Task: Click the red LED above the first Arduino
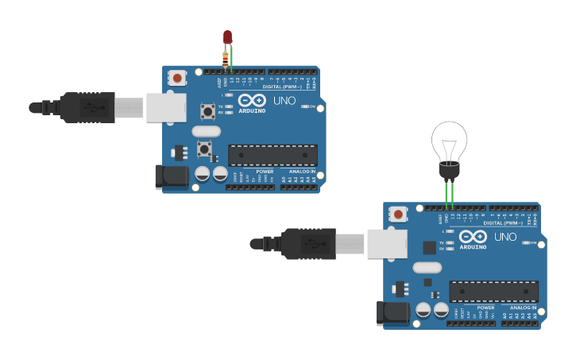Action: coord(227,37)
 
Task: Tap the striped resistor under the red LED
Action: coord(225,57)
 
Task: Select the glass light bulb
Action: coord(449,141)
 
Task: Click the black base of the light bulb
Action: coord(449,170)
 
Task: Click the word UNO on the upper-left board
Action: coord(284,101)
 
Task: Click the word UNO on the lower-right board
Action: coord(505,237)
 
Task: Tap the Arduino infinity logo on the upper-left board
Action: coord(252,100)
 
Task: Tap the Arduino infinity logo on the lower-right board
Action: coord(473,236)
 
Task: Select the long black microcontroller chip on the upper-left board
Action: coord(273,155)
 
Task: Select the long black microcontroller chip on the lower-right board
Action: coord(493,291)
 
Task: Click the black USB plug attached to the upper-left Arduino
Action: coord(87,107)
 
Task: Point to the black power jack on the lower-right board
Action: coord(392,312)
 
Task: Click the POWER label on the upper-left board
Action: coord(265,171)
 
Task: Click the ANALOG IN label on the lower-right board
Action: coord(523,307)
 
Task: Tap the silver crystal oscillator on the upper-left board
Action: coord(206,131)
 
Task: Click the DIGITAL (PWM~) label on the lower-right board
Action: coord(502,223)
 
